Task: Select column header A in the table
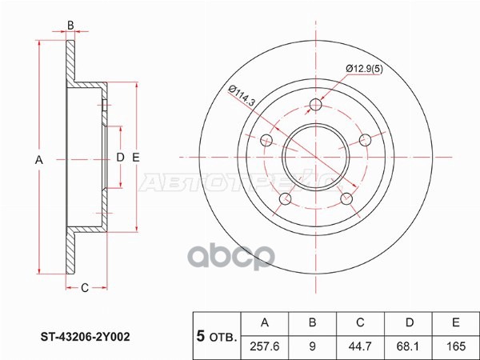click(266, 323)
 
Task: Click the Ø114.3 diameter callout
click(241, 95)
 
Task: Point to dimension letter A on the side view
click(38, 160)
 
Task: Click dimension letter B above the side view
click(70, 26)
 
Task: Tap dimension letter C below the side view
click(85, 288)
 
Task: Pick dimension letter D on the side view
click(120, 157)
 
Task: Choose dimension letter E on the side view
click(136, 157)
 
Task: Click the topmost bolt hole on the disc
click(316, 104)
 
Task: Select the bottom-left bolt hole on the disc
click(285, 198)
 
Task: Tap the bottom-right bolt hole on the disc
click(347, 198)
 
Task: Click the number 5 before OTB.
click(200, 336)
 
